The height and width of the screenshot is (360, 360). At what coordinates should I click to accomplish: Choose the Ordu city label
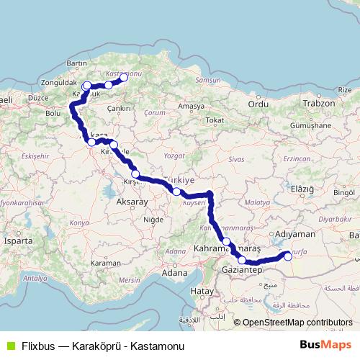click(x=258, y=104)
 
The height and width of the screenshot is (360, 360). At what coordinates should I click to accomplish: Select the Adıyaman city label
click(x=295, y=235)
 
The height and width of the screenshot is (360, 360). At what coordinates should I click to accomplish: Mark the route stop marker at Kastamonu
click(x=123, y=77)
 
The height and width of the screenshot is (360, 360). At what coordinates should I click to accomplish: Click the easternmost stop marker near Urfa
click(x=289, y=254)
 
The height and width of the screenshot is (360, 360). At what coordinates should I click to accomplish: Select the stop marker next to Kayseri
click(x=176, y=192)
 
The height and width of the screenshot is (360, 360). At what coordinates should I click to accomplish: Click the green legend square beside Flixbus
click(x=9, y=346)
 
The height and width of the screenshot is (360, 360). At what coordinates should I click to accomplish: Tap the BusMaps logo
click(x=325, y=345)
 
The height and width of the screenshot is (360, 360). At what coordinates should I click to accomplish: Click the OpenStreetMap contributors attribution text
click(x=297, y=323)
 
